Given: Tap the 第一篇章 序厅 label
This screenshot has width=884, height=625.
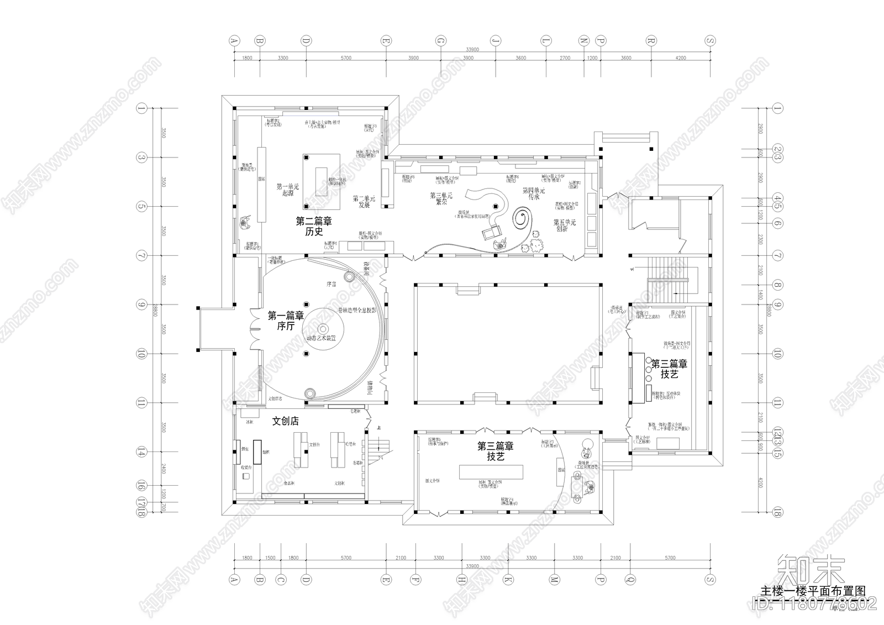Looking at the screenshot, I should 286,321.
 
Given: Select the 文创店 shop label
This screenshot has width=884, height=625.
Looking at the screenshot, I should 286,421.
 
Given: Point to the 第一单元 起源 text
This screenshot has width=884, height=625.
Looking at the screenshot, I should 287,190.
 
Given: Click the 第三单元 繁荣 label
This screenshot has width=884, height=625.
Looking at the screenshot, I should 441,199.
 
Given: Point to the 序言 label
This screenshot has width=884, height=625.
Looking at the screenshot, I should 331,284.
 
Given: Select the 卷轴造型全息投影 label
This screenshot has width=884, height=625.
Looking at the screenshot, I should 357,311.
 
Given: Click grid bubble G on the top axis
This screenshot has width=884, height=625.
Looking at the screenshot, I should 440,41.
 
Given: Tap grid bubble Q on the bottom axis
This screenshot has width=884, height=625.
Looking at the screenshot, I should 628,580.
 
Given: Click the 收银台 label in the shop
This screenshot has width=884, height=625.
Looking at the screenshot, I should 247,468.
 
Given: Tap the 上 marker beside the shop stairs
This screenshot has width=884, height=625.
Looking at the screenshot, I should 378,428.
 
